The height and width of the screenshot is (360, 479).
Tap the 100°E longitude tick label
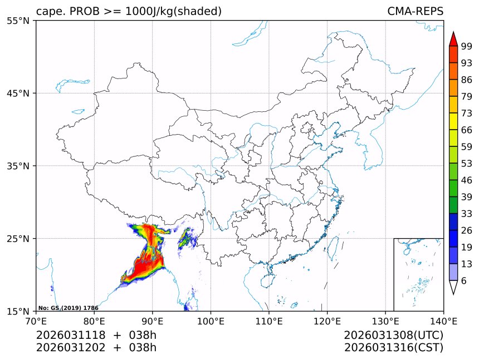pyautogui.click(x=211, y=321)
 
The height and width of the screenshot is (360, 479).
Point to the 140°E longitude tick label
pyautogui.click(x=443, y=321)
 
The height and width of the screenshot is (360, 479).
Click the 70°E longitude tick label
pyautogui.click(x=36, y=321)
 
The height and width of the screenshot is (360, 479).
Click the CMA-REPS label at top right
pyautogui.click(x=415, y=11)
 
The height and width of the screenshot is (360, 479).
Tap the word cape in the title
pyautogui.click(x=47, y=12)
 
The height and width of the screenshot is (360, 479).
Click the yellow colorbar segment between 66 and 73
pyautogui.click(x=453, y=122)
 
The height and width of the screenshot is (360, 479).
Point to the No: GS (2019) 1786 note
pyautogui.click(x=68, y=308)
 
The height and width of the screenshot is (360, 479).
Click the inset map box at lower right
pyautogui.click(x=418, y=274)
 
